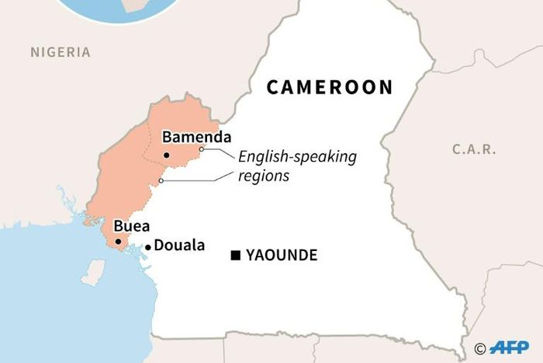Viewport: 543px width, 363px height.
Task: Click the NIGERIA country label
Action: click(x=61, y=53)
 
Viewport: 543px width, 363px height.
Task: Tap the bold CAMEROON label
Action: click(x=330, y=87)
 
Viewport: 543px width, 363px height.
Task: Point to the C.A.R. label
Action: click(x=473, y=149)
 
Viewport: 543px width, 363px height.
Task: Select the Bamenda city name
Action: click(x=192, y=138)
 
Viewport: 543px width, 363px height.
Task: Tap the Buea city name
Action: click(x=128, y=227)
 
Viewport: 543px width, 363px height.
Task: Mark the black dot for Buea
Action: click(x=118, y=242)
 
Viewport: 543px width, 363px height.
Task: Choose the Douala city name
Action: click(x=179, y=246)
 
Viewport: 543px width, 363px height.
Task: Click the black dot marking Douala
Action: click(x=147, y=248)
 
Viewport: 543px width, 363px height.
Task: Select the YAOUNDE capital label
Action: click(x=282, y=255)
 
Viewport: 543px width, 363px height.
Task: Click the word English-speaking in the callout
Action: click(x=297, y=157)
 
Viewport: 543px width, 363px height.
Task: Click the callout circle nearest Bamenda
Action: click(x=202, y=149)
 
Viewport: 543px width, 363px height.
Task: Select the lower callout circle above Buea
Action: click(x=161, y=182)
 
